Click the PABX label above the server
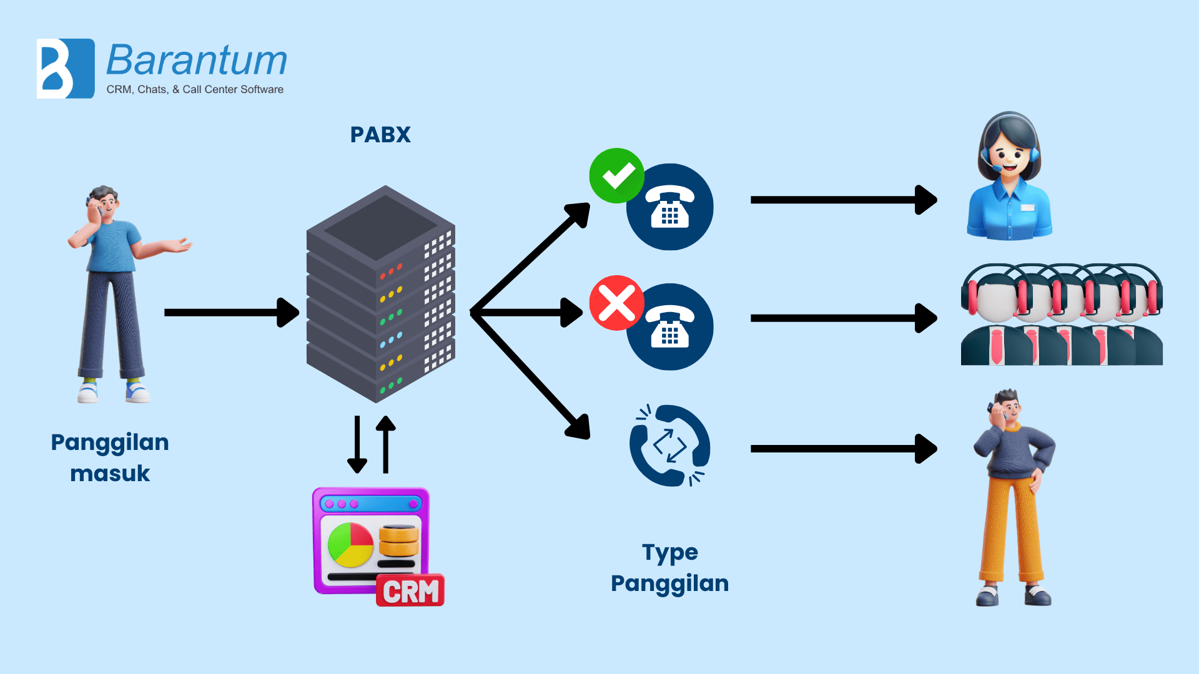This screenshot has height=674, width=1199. [x=380, y=135]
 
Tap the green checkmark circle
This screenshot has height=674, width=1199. [x=617, y=176]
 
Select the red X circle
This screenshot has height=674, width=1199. [x=617, y=303]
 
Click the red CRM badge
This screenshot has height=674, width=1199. [x=410, y=590]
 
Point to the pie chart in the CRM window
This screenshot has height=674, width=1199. [x=350, y=544]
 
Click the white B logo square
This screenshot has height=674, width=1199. [x=66, y=69]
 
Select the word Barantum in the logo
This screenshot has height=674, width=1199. [x=197, y=61]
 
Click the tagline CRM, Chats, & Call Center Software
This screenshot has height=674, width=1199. [x=195, y=89]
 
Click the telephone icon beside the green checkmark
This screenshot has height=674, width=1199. [x=670, y=207]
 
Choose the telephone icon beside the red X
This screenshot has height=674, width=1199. [x=670, y=327]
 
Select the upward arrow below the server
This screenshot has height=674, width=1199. [x=386, y=444]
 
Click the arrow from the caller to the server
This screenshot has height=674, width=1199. [x=231, y=312]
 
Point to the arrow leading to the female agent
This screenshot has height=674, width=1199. [x=843, y=200]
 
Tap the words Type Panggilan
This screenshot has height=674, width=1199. [x=669, y=567]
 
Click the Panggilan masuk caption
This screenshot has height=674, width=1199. [x=110, y=457]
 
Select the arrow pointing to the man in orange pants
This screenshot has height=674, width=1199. [x=843, y=449]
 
